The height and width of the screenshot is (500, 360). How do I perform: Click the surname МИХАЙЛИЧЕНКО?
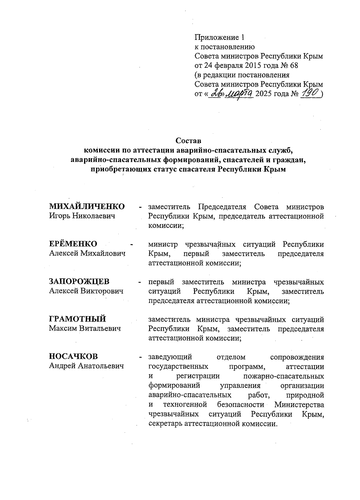click(87, 207)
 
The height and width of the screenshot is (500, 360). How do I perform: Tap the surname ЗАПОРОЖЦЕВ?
click(79, 281)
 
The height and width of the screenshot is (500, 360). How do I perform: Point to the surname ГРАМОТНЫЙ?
click(78, 319)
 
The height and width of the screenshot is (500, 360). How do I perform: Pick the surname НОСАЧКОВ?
click(73, 356)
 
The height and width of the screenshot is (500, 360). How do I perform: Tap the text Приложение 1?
click(220, 37)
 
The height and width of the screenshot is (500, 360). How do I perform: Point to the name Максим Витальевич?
click(85, 329)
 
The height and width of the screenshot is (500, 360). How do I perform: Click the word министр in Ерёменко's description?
click(163, 244)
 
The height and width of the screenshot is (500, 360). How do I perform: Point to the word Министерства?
click(299, 405)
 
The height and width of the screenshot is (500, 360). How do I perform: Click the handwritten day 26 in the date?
click(216, 94)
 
